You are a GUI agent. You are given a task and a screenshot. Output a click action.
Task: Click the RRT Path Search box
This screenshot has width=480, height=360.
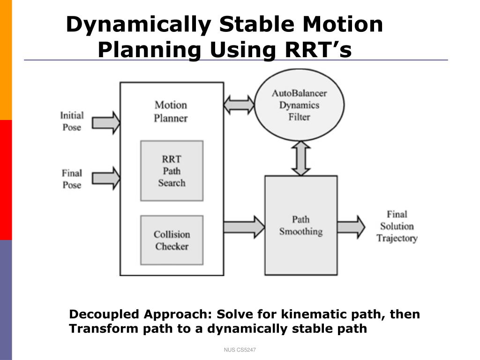[x=172, y=171]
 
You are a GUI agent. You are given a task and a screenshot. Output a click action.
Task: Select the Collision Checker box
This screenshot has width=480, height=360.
[x=172, y=240]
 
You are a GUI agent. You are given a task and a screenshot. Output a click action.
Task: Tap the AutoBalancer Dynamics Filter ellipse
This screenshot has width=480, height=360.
[x=299, y=105]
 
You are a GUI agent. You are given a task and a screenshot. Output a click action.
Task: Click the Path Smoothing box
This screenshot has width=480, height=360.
[x=301, y=225]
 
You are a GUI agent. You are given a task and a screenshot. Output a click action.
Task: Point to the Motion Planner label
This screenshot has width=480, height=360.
[x=171, y=112]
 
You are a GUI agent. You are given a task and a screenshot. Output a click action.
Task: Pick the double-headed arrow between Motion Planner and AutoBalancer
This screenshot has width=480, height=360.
[x=239, y=105]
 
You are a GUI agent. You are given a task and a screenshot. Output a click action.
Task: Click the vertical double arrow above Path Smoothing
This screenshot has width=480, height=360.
[x=301, y=158]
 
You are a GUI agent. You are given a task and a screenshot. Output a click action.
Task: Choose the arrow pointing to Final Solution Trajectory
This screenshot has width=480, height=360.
[x=351, y=227]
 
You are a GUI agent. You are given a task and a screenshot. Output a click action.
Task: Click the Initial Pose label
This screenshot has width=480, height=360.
[x=72, y=121]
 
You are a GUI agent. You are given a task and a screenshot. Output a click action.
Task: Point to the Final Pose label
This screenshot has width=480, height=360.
[x=72, y=179]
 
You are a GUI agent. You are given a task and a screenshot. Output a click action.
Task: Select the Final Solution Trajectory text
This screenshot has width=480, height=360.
[x=397, y=226]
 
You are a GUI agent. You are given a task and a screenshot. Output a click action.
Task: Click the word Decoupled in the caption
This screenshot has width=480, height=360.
[x=105, y=315]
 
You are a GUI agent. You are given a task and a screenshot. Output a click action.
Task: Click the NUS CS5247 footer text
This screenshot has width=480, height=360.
[x=240, y=350]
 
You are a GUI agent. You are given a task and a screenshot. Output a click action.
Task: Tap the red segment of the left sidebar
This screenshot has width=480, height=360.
[x=6, y=180]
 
